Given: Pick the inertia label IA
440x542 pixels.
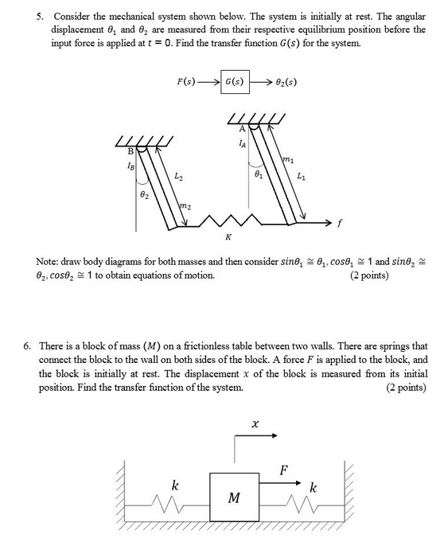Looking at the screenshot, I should (x=241, y=144).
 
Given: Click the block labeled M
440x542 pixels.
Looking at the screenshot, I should (x=233, y=497).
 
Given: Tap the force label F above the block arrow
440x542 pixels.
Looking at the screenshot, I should (x=284, y=470).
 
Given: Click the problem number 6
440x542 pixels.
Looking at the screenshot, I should (x=27, y=347).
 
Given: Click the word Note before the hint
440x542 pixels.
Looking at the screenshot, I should (x=48, y=261).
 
